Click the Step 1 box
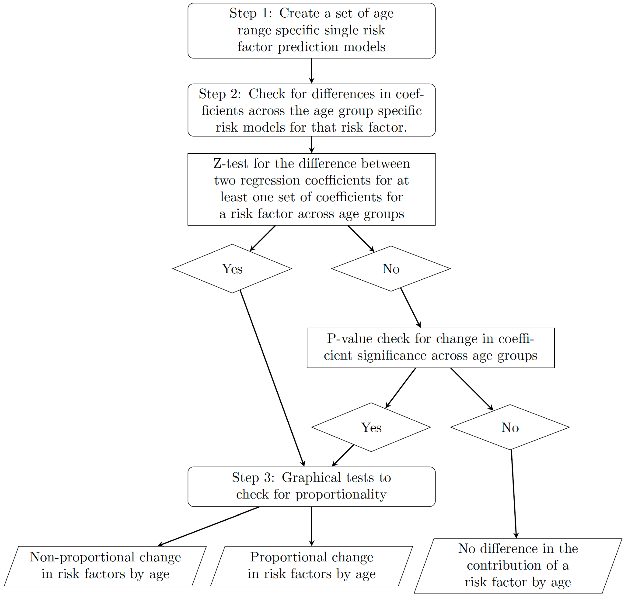(x=311, y=31)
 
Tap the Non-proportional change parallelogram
(x=105, y=566)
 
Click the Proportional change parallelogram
(x=311, y=566)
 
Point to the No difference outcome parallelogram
(x=518, y=566)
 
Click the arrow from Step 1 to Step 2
(x=311, y=70)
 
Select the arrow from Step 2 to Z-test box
(x=311, y=144)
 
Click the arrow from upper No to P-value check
(x=410, y=308)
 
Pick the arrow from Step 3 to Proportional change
(x=311, y=526)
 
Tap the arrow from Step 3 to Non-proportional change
(x=208, y=526)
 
